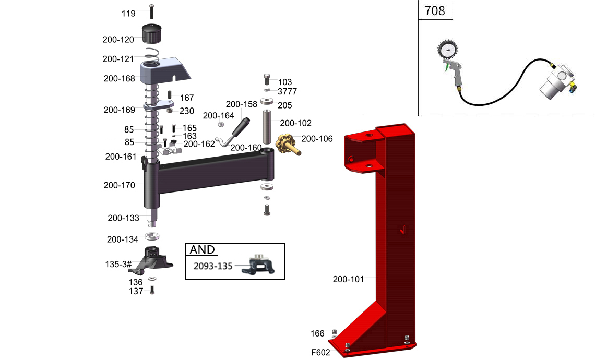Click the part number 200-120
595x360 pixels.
click(x=118, y=39)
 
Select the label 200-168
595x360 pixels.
click(x=119, y=79)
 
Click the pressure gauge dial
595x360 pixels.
click(x=447, y=51)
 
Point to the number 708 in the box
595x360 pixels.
click(x=435, y=10)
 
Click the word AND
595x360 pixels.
click(x=202, y=250)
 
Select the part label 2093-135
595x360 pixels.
click(x=213, y=266)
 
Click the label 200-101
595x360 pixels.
click(x=348, y=279)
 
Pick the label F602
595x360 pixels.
click(x=320, y=352)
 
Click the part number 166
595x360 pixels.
click(x=317, y=333)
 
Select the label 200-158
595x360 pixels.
click(x=241, y=104)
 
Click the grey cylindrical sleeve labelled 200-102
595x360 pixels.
click(x=267, y=127)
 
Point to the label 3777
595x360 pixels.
click(x=287, y=92)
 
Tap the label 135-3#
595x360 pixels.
click(x=118, y=265)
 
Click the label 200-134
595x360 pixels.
click(x=122, y=239)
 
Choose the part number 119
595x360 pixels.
click(x=128, y=13)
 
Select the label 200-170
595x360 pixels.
click(x=119, y=185)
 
